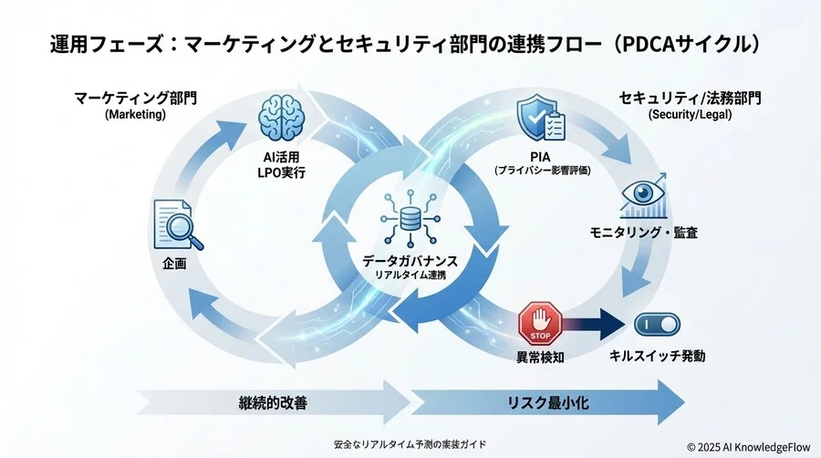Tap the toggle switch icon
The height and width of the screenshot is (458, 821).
click(x=657, y=325)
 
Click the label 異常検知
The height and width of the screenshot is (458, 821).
click(x=540, y=357)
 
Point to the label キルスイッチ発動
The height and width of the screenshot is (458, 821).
click(x=657, y=356)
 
